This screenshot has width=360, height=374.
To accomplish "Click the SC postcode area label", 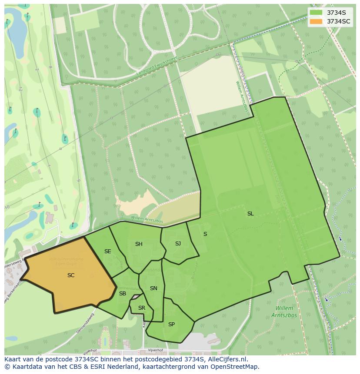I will pos(71,275).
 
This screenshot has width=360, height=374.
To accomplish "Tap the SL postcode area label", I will pos(250,214).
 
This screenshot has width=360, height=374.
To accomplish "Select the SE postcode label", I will pos(107,252).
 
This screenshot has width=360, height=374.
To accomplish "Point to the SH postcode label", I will pos(139,244).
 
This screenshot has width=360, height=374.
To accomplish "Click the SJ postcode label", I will pos(178,244).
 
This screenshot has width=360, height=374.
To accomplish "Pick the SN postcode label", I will pos(153,288).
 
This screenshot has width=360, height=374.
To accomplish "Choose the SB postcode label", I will pos(123,294).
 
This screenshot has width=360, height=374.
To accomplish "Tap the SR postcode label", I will pos(142,308).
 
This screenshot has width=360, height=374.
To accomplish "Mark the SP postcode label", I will pos(171,324).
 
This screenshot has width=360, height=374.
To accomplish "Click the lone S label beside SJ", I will pos(205,234).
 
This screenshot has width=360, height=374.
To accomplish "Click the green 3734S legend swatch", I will pos(316,13).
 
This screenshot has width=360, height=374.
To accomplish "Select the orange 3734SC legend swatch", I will pos(316,21).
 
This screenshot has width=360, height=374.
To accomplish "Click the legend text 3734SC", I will pos(339,21).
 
